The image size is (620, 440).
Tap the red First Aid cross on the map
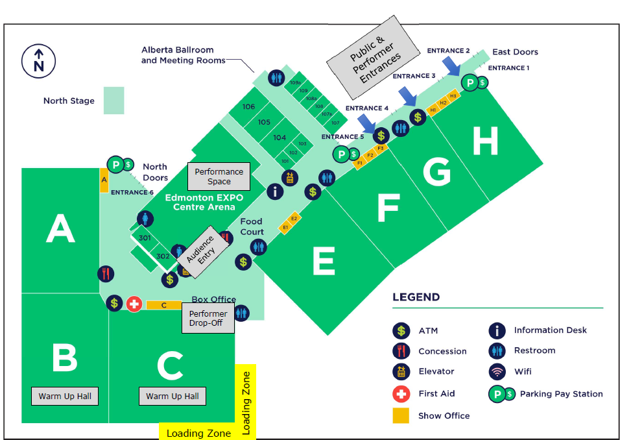[134, 303]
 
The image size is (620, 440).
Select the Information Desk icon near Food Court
[276, 191]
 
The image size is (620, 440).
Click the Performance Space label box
[219, 176]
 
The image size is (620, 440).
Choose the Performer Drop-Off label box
[208, 318]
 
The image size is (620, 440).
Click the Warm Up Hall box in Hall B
[65, 396]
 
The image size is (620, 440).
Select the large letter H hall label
[485, 141]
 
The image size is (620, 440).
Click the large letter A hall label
[60, 230]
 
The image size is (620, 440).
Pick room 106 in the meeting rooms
[248, 106]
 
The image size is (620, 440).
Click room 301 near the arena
[145, 238]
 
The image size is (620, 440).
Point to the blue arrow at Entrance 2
[451, 66]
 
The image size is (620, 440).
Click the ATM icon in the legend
[401, 330]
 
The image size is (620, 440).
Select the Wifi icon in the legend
[497, 371]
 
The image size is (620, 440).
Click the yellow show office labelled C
[163, 305]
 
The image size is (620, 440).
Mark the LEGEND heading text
[416, 297]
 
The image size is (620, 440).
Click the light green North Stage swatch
[113, 101]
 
